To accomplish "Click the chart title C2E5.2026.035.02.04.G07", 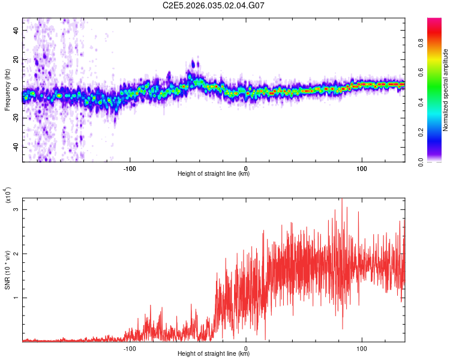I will tap(214, 5).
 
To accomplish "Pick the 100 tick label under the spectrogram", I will tap(362, 169).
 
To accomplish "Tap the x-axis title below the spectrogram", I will tap(214, 174).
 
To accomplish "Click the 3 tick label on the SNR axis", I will tap(17, 209).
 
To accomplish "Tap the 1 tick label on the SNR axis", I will tap(17, 298).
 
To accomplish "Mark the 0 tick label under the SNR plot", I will tap(246, 349).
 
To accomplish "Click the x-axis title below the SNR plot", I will tap(214, 354).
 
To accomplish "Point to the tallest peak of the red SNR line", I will tap(342, 200).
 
